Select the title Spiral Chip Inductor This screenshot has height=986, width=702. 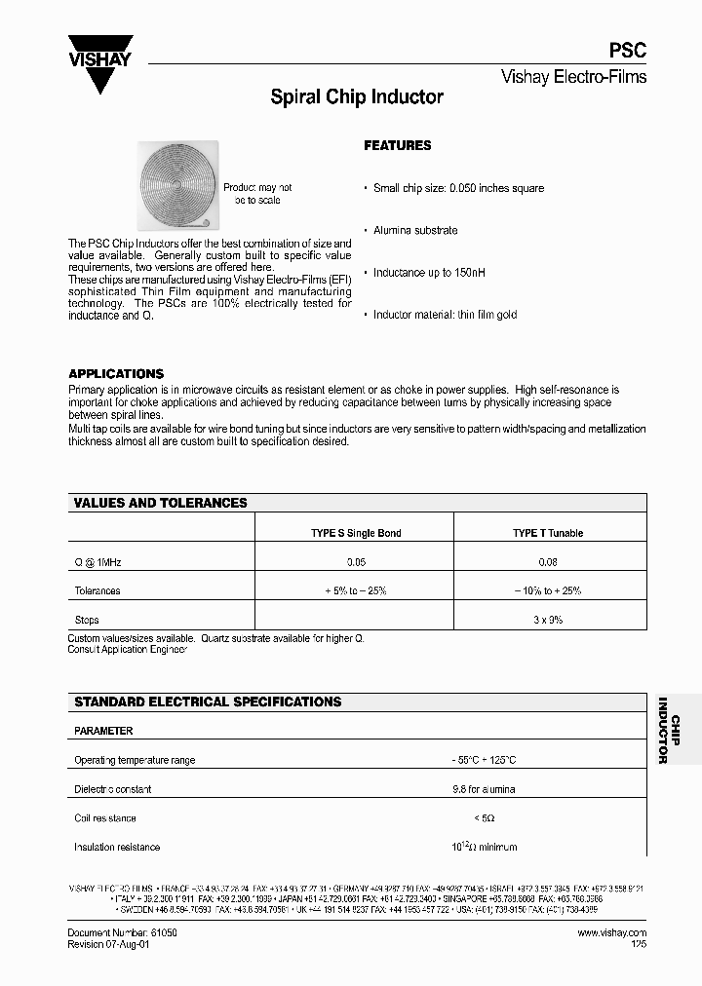pos(356,97)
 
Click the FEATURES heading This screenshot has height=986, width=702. pos(397,145)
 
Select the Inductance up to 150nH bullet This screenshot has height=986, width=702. pos(429,273)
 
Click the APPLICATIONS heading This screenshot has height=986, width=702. pos(116,373)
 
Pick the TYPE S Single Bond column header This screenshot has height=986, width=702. pos(356,533)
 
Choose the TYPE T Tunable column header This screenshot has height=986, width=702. pos(548,533)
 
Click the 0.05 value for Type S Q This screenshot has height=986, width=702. pos(356,562)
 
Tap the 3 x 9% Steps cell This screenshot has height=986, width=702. pos(548,620)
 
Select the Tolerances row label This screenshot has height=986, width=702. pos(97,590)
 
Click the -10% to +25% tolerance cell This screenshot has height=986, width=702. pos(548,590)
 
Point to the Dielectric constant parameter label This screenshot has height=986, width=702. pos(112,789)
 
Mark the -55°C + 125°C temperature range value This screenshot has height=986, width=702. pos(484,760)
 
